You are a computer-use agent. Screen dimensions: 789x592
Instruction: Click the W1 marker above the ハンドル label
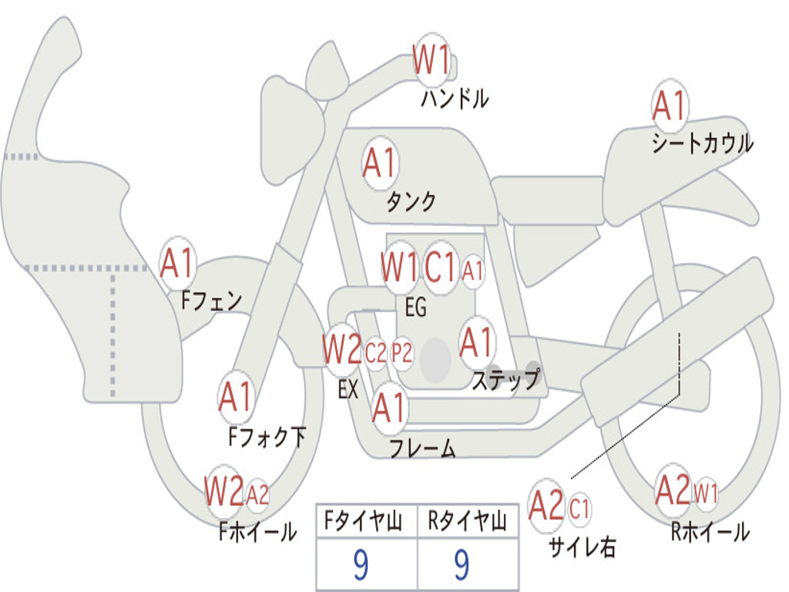pos(431,60)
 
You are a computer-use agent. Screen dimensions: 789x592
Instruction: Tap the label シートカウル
pos(702,144)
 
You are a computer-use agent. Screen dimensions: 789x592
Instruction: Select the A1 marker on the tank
pos(379,163)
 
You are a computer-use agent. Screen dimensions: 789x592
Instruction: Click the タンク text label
pos(411,202)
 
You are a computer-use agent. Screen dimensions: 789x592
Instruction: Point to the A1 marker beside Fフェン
pos(178,264)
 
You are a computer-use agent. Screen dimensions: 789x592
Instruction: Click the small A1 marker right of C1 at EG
pos(473,271)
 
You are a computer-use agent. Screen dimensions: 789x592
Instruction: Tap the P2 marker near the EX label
pos(402,354)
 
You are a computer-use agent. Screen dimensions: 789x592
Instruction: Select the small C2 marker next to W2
pos(375,354)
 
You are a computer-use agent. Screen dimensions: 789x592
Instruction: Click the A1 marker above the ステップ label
pos(477,342)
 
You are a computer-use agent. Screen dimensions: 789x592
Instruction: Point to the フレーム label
pos(422,448)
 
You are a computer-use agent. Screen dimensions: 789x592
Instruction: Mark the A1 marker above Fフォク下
pos(236,398)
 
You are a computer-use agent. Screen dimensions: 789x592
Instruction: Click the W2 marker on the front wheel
pos(223,489)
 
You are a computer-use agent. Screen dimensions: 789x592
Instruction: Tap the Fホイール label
pos(257,531)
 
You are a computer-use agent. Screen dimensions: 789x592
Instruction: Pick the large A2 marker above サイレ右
pos(547,506)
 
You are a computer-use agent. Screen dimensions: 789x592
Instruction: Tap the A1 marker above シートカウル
pos(669,106)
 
